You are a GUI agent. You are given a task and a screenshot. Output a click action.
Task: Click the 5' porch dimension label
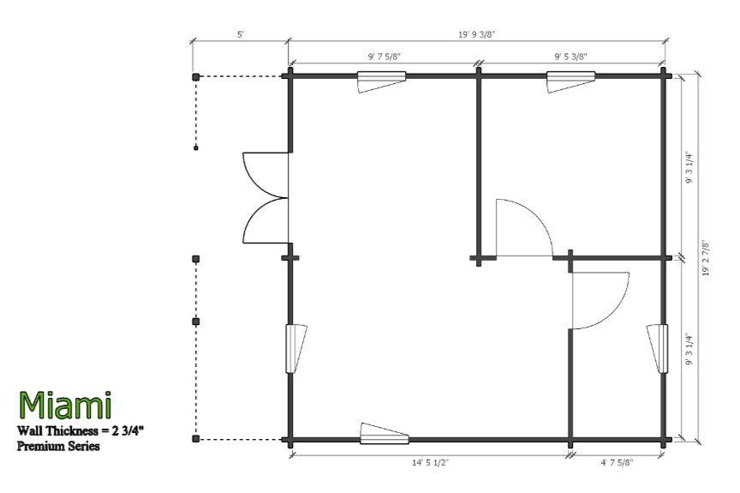click(x=240, y=34)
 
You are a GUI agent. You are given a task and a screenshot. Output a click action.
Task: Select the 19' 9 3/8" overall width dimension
click(x=477, y=34)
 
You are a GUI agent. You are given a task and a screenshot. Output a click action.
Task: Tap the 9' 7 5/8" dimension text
click(x=385, y=57)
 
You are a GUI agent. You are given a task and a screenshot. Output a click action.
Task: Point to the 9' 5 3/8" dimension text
click(x=570, y=57)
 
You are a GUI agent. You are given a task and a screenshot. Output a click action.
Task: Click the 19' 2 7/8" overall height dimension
click(x=706, y=258)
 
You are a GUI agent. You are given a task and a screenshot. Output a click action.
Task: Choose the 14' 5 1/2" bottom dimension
click(x=430, y=463)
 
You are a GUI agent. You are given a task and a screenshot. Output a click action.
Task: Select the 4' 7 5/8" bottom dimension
click(x=617, y=463)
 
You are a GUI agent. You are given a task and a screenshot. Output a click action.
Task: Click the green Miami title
click(x=65, y=406)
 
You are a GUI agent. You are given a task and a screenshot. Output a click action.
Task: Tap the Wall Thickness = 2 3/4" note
click(x=81, y=430)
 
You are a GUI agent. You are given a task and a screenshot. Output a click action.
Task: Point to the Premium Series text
click(x=58, y=446)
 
